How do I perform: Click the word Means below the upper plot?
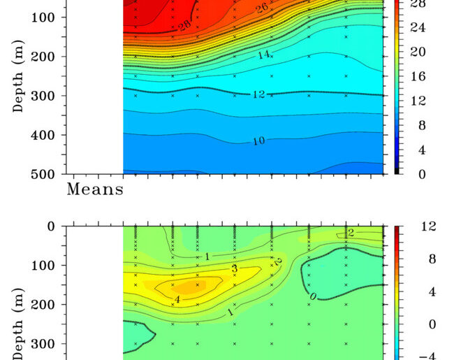[95, 189]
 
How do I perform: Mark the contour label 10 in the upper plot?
[258, 141]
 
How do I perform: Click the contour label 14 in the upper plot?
[261, 54]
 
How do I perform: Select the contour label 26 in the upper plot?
[262, 8]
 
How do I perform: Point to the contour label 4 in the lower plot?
[177, 300]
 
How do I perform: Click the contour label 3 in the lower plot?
[235, 268]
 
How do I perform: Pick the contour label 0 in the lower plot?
[313, 297]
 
